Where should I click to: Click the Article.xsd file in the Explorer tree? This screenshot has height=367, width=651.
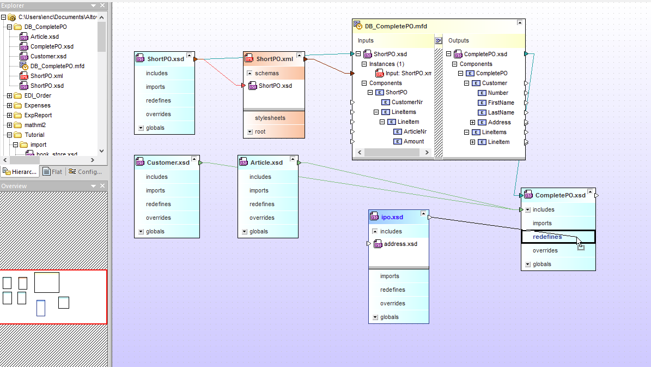click(45, 37)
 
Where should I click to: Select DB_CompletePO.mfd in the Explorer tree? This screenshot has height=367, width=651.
click(57, 66)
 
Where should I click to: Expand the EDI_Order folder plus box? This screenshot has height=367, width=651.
click(10, 95)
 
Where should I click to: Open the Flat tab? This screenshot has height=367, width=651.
click(53, 172)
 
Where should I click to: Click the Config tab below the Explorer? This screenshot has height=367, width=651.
click(85, 172)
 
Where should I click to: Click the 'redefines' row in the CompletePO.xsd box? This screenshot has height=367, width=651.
click(547, 237)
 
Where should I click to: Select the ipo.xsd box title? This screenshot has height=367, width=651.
click(392, 217)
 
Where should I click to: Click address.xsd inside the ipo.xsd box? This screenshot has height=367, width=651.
click(400, 244)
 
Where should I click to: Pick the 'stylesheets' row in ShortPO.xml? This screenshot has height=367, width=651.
click(270, 118)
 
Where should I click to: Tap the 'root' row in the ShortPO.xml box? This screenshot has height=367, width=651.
click(260, 132)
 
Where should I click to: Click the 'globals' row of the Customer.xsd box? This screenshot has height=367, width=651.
click(155, 232)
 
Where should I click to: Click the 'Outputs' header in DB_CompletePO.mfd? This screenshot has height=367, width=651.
click(458, 41)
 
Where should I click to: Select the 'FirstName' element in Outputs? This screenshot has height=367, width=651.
click(501, 103)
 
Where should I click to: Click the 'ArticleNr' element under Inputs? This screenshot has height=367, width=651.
click(415, 132)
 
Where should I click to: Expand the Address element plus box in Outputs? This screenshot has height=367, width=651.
click(472, 123)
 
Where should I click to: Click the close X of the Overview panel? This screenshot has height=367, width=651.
click(102, 186)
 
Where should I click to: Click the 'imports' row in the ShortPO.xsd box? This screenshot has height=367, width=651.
click(155, 87)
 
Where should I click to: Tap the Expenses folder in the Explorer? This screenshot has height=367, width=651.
click(37, 106)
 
